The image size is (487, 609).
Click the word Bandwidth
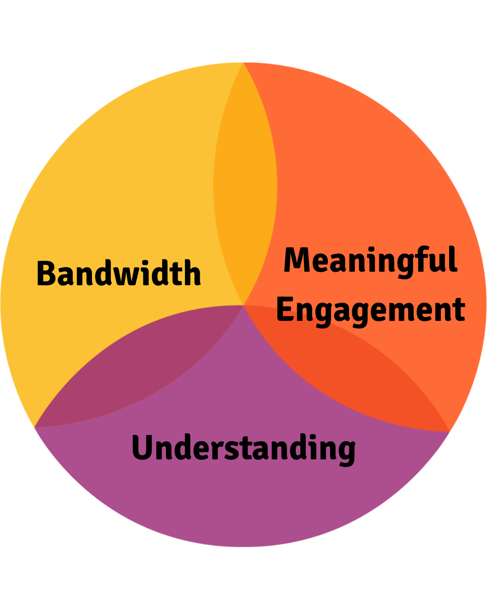pyautogui.click(x=119, y=273)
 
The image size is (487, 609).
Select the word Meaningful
pyautogui.click(x=371, y=261)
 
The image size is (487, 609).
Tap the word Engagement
pyautogui.click(x=371, y=310)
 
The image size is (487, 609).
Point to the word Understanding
pyautogui.click(x=243, y=448)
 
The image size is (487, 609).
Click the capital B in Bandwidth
pyautogui.click(x=45, y=273)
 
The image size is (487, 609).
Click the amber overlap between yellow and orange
pyautogui.click(x=245, y=189)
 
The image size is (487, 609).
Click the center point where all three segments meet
pyautogui.click(x=243, y=305)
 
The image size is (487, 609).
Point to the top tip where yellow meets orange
pyautogui.click(x=243, y=63)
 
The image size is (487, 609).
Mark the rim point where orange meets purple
pyautogui.click(x=450, y=431)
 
